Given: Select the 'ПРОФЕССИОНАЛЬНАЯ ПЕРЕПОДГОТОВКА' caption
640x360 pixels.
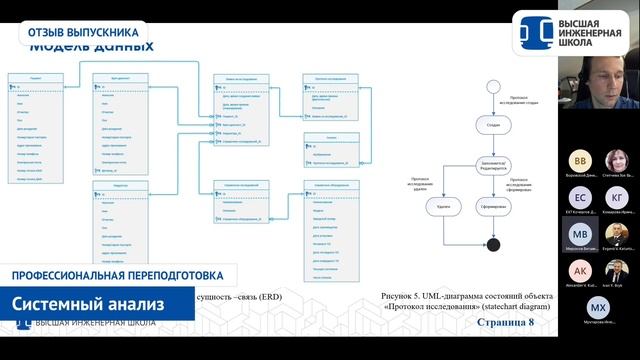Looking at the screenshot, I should click(x=110, y=275).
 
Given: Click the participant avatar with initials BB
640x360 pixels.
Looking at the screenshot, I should click(x=580, y=161).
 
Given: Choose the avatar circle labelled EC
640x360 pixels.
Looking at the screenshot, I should click(x=580, y=196).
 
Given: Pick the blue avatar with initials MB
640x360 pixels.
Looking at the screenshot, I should click(x=580, y=233).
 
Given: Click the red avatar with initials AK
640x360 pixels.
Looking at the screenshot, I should click(x=580, y=270).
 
